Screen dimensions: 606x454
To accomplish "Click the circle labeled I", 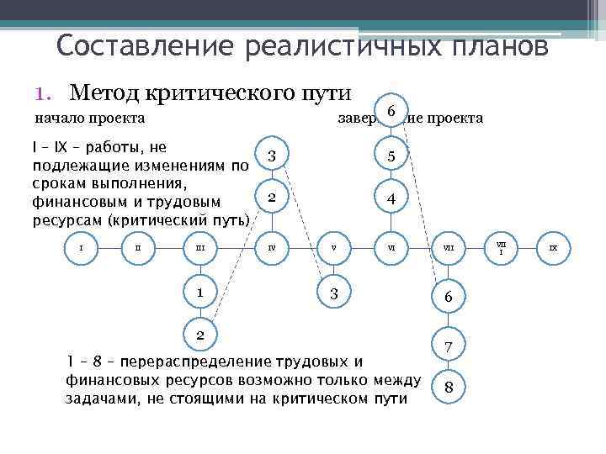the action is click(x=81, y=248).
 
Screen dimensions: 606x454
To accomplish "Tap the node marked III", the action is click(x=200, y=248).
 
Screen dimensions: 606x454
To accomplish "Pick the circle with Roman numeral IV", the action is click(x=271, y=248).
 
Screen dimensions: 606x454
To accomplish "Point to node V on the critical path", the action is click(x=333, y=248).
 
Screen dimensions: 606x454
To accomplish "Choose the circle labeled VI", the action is click(x=391, y=248).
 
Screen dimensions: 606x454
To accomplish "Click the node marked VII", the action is click(x=448, y=248).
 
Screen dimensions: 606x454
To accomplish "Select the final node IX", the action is click(x=553, y=248).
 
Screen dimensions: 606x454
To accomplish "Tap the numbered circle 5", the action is click(x=391, y=156).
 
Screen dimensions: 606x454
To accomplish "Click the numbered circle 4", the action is click(x=391, y=199).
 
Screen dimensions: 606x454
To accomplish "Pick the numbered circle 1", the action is click(x=200, y=293).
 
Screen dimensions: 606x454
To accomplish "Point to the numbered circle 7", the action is click(x=448, y=346).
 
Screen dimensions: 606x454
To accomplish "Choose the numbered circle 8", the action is click(x=448, y=387).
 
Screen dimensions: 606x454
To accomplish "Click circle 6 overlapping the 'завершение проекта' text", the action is click(x=391, y=111).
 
